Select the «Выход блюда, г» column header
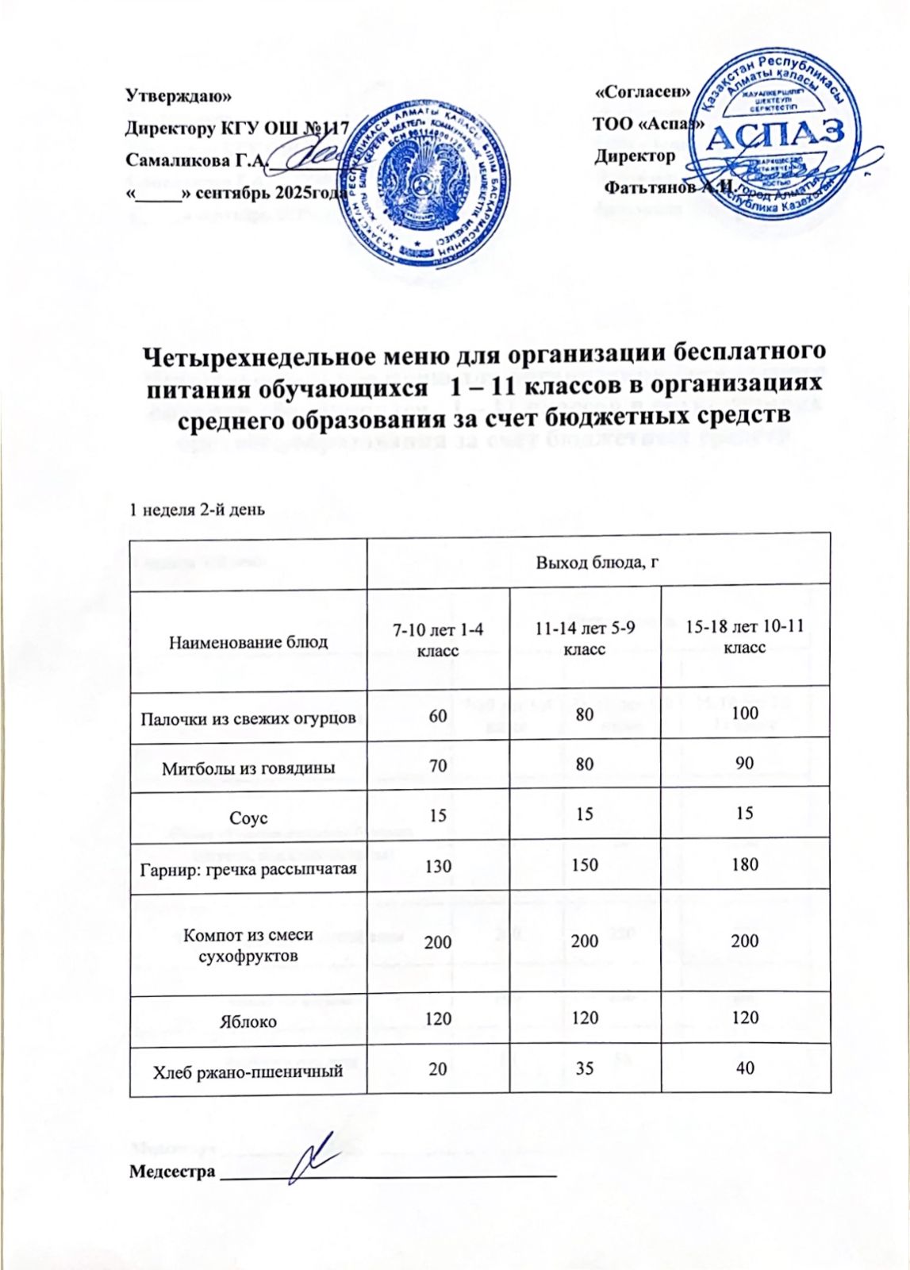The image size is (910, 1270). tap(598, 562)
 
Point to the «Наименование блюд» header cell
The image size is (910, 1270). tap(248, 641)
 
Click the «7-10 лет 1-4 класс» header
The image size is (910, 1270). tap(438, 639)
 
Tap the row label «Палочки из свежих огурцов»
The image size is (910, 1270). tap(248, 719)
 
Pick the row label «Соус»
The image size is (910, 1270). tap(248, 818)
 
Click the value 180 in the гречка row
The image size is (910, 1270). tap(745, 864)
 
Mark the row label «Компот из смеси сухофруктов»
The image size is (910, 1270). tap(248, 945)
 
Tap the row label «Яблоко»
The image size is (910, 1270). tap(248, 1022)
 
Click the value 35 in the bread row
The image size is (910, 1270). tap(585, 1068)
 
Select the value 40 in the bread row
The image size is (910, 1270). tap(745, 1068)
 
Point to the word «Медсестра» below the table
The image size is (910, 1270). tap(172, 1172)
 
